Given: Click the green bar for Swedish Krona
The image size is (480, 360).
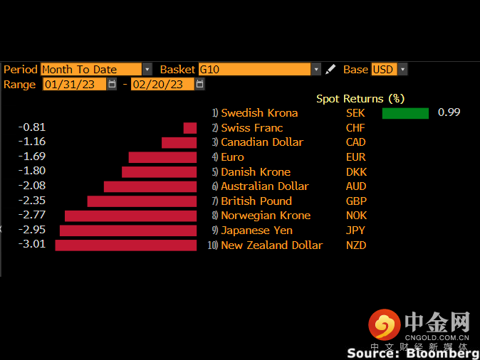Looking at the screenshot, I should coord(405,113).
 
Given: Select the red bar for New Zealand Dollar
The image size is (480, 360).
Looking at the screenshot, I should coord(125,245).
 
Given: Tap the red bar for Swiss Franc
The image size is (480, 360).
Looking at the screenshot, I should coord(190,128).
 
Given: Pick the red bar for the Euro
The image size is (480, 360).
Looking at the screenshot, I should coord(162,157).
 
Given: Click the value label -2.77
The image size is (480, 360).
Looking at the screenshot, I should coord(32,216).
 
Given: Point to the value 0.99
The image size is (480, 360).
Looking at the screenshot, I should coord(449,113).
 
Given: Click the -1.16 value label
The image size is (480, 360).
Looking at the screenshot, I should coord(32,142).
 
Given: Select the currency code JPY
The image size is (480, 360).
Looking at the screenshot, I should coord(355,231).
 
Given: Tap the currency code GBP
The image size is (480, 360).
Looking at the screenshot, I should coord(356,201).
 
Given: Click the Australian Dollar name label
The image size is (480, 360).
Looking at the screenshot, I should coord(265,186).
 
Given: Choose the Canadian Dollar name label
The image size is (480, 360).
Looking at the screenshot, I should coord(262,142).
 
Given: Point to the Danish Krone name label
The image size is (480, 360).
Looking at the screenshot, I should coord(256,172).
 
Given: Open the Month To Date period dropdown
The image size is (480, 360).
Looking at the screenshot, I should coord(147,70).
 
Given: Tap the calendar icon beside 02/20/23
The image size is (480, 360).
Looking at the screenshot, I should coord(199,85).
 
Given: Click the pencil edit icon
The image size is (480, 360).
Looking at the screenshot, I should coord(330,70).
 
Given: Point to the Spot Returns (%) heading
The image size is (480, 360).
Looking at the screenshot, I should coord(360,99).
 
